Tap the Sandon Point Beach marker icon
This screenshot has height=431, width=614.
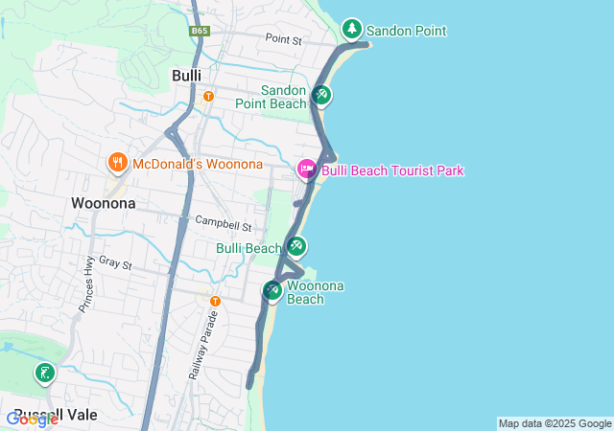321,95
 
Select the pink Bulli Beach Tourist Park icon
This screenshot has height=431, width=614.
307,170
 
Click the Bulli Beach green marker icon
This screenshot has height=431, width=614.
296,246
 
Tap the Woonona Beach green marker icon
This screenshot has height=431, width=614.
272,288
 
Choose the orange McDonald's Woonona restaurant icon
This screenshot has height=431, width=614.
118,163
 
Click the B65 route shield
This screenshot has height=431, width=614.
199,31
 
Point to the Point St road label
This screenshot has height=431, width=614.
283,40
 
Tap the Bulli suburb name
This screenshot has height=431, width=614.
186,75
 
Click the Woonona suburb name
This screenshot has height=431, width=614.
103,203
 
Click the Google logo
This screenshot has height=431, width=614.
33,420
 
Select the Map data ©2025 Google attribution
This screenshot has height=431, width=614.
555,423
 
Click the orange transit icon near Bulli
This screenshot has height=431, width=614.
208,96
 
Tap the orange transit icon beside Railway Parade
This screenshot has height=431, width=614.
215,301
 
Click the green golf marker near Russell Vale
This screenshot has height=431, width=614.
43,373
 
